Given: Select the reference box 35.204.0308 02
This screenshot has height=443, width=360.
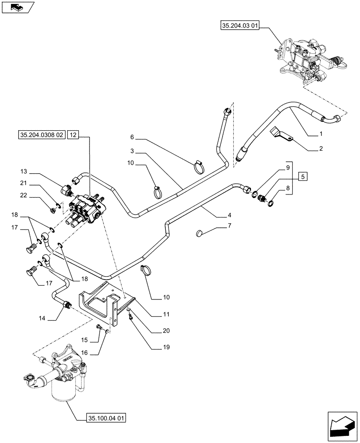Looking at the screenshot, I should click(42, 136).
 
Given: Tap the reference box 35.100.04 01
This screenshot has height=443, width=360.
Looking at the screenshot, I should click(102, 417).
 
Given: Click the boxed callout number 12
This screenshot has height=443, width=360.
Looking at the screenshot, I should click(74, 136).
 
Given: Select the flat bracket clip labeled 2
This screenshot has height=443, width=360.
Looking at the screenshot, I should click(280, 135).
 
